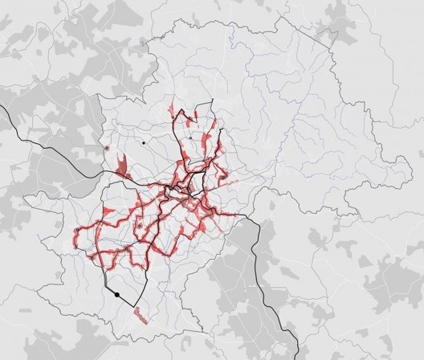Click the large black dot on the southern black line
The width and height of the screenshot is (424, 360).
117,295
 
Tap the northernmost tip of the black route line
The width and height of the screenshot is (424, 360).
211,100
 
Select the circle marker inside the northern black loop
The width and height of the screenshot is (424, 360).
188,138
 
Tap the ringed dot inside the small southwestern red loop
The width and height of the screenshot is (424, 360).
140,227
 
